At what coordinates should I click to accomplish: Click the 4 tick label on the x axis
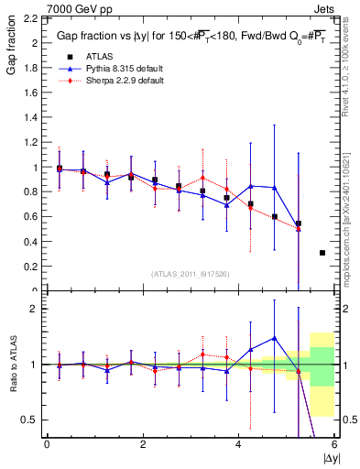coord(238,444)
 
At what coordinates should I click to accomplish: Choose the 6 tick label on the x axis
coord(334,444)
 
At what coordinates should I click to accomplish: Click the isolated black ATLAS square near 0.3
coord(322,253)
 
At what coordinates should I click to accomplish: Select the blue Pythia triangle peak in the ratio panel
coord(274,338)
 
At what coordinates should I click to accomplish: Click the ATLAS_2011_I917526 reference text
coord(191,275)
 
